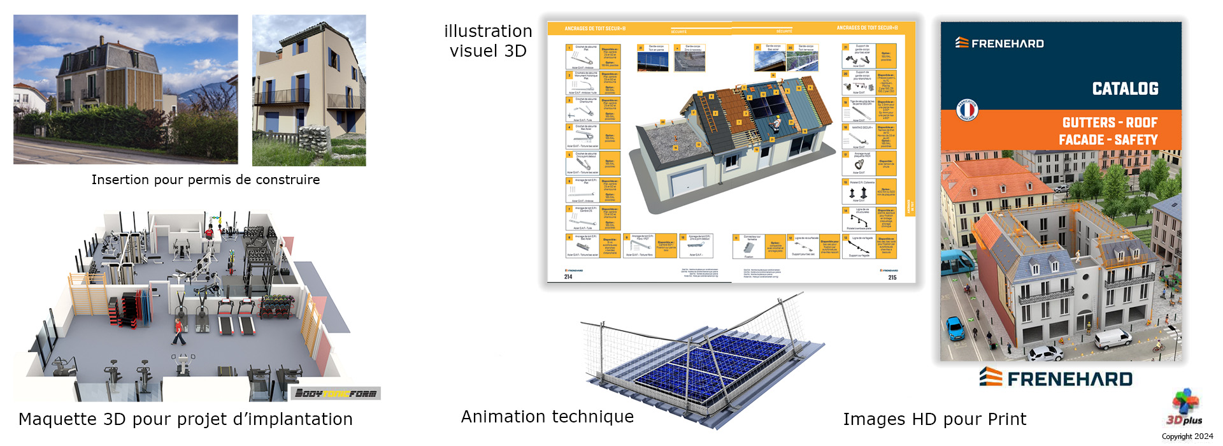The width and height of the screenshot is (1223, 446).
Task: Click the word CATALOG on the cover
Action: pos(1125,89)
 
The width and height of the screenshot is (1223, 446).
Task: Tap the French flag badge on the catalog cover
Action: pos(967,110)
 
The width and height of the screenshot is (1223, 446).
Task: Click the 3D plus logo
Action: pos(1184,408)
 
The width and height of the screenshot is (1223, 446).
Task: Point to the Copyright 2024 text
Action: pos(1187,436)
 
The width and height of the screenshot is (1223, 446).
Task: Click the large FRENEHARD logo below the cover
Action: pos(1056,378)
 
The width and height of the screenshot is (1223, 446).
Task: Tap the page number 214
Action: pos(568,277)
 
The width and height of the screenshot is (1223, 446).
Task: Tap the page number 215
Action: pos(892,277)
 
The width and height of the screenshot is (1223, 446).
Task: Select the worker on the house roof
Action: pos(776,124)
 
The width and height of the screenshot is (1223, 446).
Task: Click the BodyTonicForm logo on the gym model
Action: pos(336,393)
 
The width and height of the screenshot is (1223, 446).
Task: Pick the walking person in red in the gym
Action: pos(179,331)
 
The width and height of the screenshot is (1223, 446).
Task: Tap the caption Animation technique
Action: pos(547,417)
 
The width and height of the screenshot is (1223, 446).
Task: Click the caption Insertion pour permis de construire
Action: pos(205,180)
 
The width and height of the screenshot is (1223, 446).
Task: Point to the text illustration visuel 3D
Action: pos(488,41)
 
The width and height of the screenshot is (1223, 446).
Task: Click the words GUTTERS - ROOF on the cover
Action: pos(1110,122)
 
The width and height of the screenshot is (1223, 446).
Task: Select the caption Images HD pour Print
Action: pos(934,419)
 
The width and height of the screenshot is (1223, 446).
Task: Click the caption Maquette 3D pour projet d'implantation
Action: pos(185,419)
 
